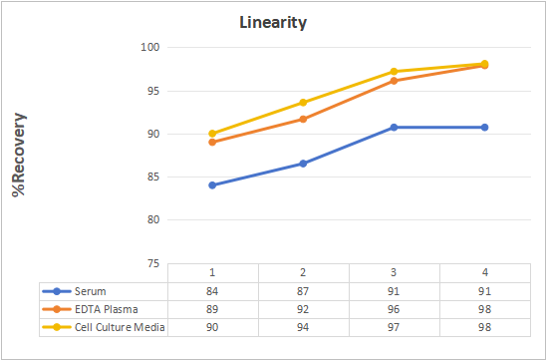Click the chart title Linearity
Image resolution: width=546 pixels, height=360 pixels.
point(273,23)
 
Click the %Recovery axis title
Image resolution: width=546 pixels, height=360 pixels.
point(19,155)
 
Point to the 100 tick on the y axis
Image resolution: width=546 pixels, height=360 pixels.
point(149,47)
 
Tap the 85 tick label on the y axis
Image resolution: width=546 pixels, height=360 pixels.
point(152,178)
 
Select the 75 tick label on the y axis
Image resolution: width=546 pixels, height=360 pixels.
point(152,264)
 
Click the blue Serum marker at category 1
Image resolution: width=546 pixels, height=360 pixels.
point(212,185)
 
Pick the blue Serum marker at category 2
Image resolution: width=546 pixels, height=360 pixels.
point(303,164)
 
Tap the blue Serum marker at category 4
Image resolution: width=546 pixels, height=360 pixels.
point(484,128)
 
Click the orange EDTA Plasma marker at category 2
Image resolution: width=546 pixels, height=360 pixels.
point(303,120)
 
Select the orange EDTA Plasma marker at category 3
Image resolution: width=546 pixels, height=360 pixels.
point(394,81)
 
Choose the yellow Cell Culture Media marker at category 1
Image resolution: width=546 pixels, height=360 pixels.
point(212,134)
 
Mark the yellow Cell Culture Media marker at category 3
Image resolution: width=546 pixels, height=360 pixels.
point(394,72)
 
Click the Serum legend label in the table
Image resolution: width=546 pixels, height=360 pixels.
point(91,291)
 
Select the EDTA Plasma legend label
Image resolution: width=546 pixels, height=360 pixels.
point(107,309)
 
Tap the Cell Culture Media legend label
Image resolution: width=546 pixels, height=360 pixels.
point(120,327)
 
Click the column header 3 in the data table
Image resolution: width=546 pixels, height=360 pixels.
point(394,272)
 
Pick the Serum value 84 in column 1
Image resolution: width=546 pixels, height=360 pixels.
point(212,291)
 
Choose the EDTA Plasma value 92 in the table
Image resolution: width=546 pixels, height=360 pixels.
point(303,309)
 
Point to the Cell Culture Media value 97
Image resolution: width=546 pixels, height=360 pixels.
point(394,327)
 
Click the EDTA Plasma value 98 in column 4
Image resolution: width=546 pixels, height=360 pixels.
point(484,309)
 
